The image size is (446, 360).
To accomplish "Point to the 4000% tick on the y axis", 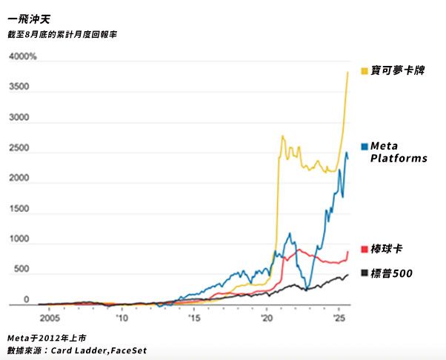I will pyautogui.click(x=23, y=57).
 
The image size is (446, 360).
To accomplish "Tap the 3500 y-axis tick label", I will pyautogui.click(x=20, y=87).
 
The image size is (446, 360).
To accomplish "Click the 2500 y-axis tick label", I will pyautogui.click(x=20, y=148).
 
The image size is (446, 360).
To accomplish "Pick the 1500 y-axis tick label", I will pyautogui.click(x=20, y=210).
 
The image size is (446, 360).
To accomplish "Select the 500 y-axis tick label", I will pyautogui.click(x=21, y=270).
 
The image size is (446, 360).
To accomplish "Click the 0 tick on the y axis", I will pyautogui.click(x=26, y=300).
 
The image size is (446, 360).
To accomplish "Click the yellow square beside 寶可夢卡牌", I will pyautogui.click(x=364, y=71).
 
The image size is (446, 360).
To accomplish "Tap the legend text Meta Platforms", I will pyautogui.click(x=399, y=152).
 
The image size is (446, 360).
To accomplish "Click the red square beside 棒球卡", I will pyautogui.click(x=364, y=249).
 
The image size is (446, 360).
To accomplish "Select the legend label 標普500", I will pyautogui.click(x=392, y=274).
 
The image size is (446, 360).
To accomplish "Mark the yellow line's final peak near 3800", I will pyautogui.click(x=348, y=73).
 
